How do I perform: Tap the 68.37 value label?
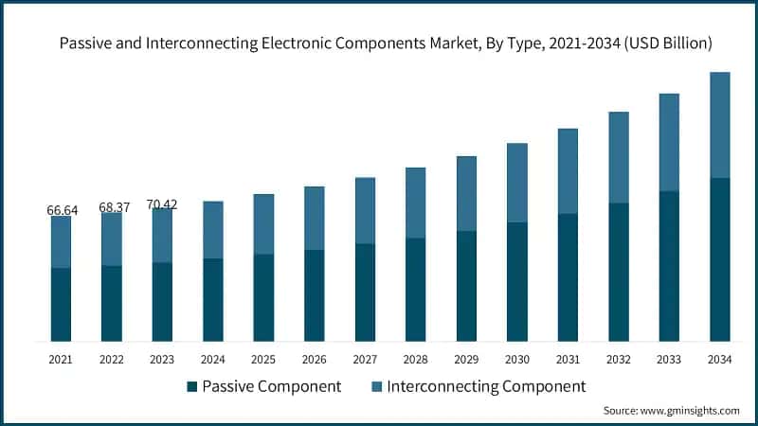112,206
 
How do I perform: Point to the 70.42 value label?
162,204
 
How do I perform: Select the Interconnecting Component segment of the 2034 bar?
720,125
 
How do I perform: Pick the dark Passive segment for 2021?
62,304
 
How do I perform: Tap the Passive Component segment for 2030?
517,281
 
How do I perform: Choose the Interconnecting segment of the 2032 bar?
619,157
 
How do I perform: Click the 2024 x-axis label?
213,360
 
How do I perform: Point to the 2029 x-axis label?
466,360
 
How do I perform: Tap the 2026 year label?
315,360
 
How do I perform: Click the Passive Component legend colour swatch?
192,386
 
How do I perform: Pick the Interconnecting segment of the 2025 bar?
264,224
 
